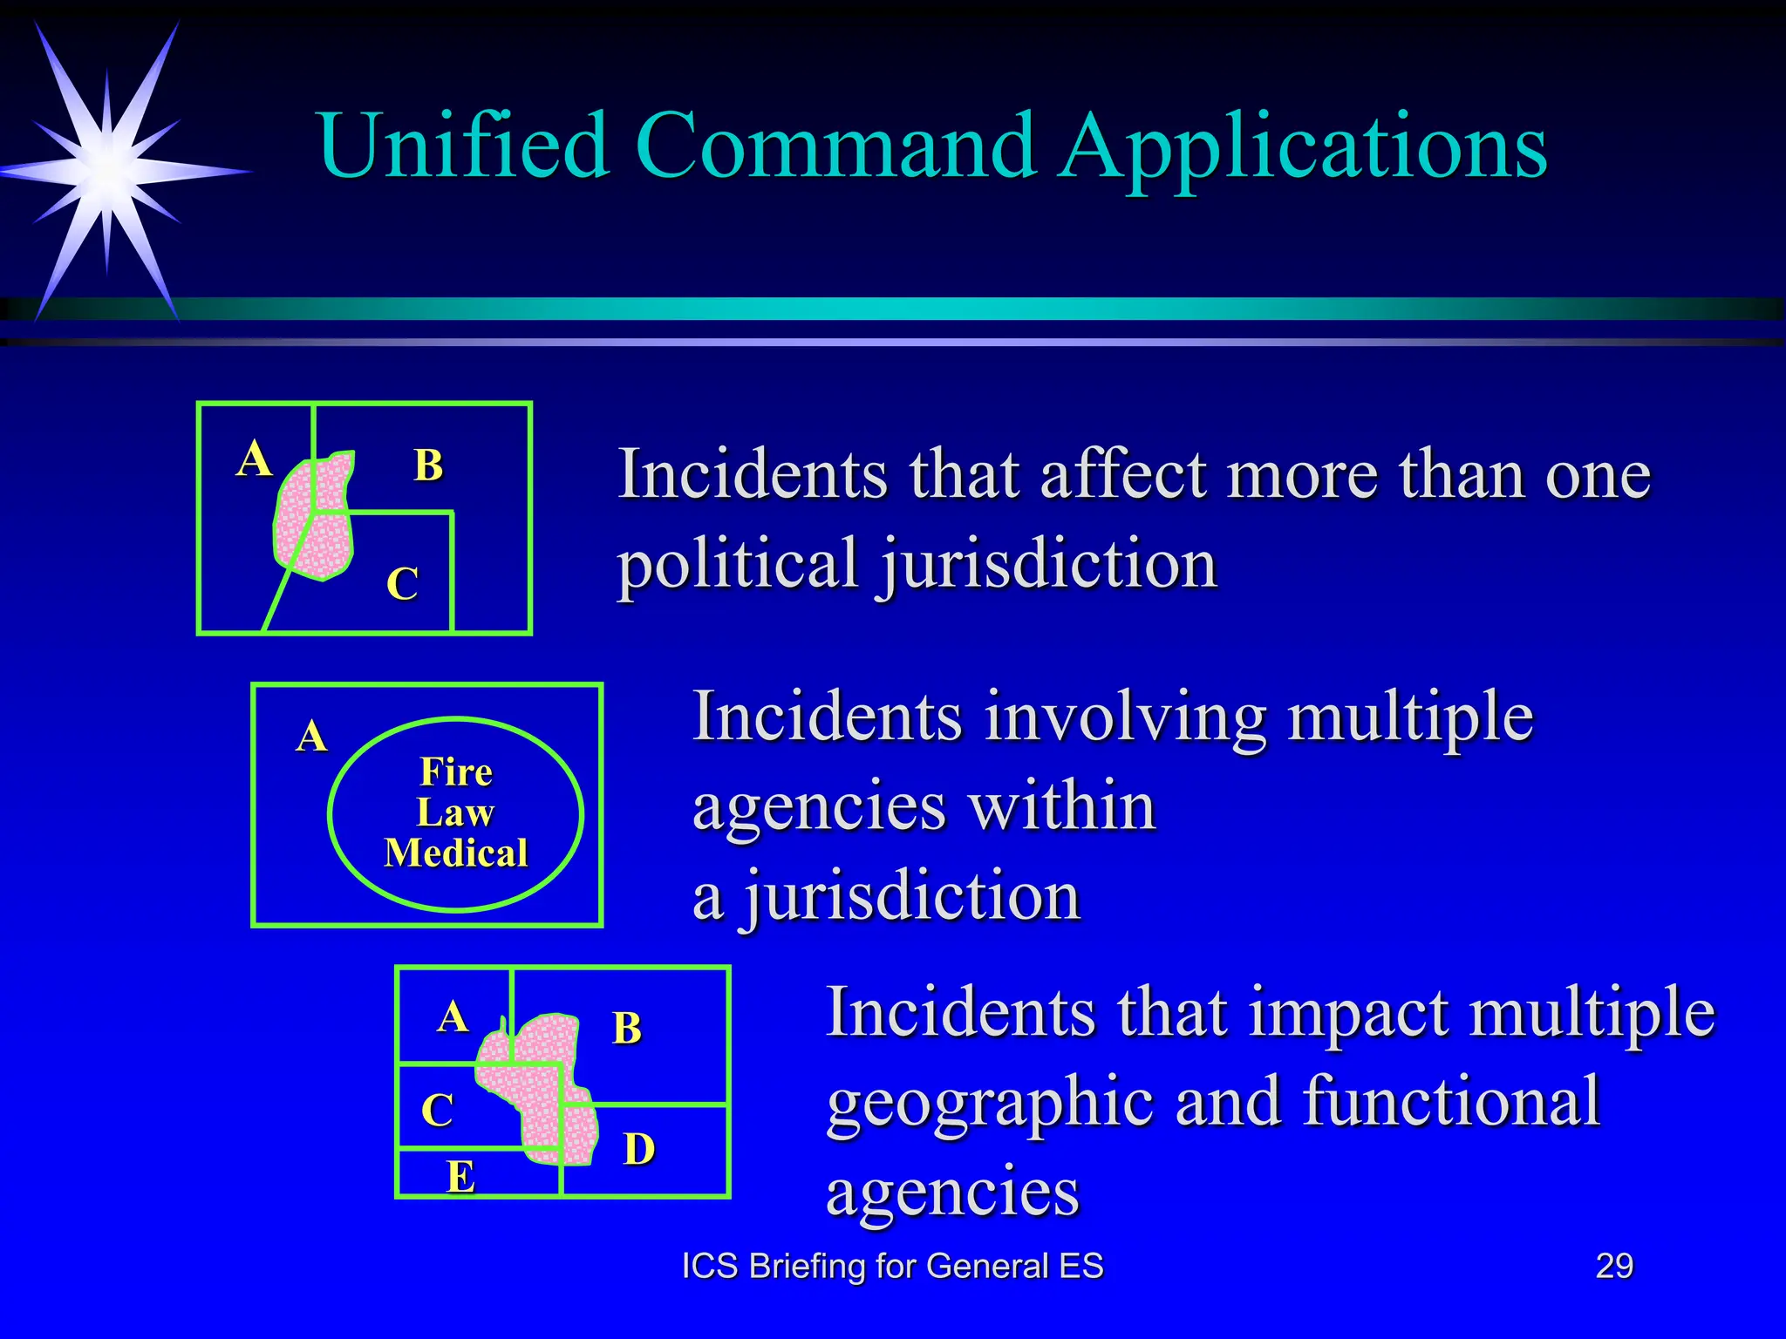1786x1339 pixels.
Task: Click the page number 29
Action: point(1614,1266)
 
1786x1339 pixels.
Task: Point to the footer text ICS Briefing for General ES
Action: point(892,1266)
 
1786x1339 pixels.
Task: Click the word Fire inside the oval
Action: point(456,771)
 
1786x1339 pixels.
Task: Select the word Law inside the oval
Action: point(455,812)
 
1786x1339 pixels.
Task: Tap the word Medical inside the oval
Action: point(456,853)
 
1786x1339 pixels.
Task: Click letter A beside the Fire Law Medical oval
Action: point(311,737)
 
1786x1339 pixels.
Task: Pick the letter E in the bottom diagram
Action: point(460,1177)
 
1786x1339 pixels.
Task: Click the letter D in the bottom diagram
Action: point(639,1149)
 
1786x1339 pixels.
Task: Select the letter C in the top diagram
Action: point(403,583)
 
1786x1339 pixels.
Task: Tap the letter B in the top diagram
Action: point(428,465)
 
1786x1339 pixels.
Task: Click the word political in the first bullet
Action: point(738,564)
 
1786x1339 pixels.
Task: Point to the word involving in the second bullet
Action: point(1126,717)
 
